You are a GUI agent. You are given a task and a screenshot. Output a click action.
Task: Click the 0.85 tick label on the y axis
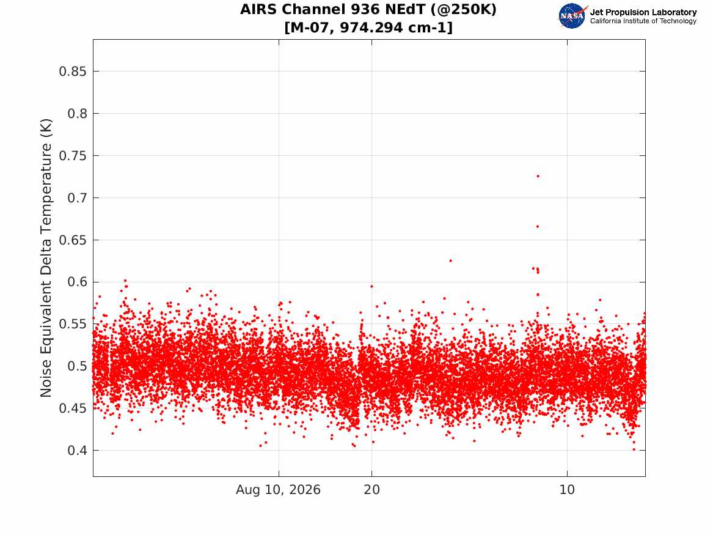point(72,72)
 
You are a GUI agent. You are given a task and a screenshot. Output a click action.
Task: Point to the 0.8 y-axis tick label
point(78,114)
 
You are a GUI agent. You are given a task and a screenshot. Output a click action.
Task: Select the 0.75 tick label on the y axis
point(72,155)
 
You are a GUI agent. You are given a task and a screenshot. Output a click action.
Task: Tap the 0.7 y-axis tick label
point(78,198)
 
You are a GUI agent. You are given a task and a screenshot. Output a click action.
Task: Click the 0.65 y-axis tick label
point(72,240)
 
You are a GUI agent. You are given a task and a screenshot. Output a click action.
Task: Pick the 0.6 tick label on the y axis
point(78,282)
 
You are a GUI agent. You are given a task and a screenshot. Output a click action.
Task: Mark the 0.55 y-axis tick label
point(72,324)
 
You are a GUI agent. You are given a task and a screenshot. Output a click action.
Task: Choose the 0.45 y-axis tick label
point(72,408)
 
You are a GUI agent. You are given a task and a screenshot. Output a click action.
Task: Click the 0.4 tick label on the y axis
point(78,451)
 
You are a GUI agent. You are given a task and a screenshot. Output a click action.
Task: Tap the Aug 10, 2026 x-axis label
point(278,490)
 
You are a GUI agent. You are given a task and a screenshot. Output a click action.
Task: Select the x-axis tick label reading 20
point(371,490)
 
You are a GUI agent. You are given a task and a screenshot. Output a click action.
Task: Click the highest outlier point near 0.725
point(538,176)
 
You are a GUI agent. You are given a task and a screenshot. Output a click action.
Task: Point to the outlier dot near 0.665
point(538,227)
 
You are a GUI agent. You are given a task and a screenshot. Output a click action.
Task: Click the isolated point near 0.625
point(451,260)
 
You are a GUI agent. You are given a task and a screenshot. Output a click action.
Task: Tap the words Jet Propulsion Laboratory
point(643,12)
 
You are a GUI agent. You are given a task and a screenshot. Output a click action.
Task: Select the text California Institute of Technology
point(643,21)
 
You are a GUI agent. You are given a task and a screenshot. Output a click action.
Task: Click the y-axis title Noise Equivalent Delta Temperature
point(46,258)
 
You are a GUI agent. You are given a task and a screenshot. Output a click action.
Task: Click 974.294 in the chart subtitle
point(371,28)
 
